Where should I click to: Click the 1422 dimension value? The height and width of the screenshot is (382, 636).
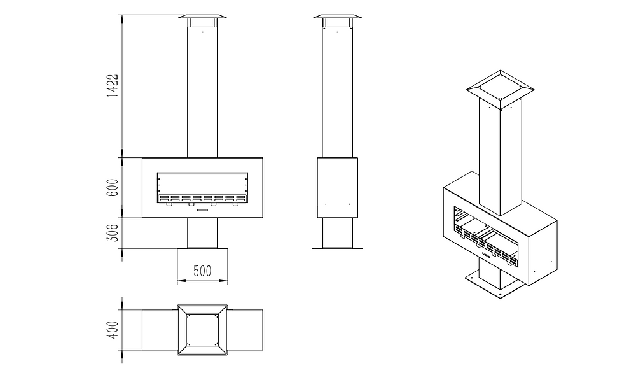[113, 85]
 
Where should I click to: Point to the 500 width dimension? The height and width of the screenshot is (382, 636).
[202, 271]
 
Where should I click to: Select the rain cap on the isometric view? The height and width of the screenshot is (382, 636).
[500, 90]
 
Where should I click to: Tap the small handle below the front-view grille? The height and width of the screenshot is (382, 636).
[202, 210]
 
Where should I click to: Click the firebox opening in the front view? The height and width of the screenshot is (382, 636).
[202, 188]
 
